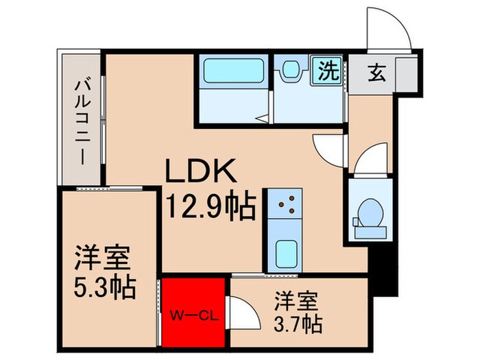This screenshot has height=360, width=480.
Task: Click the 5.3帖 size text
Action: pyautogui.click(x=105, y=285)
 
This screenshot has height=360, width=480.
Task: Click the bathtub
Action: pyautogui.click(x=234, y=72)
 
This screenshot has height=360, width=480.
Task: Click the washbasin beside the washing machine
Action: pyautogui.click(x=290, y=70)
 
